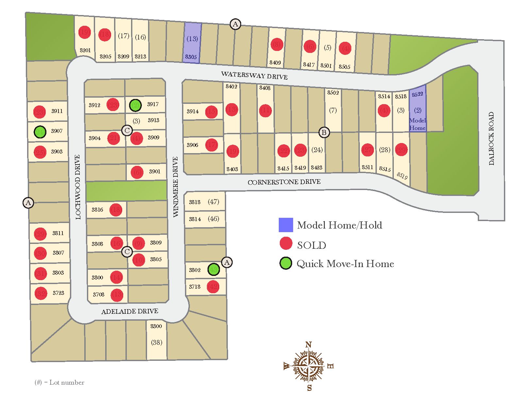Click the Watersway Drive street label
click(x=254, y=75)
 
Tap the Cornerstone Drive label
click(x=284, y=182)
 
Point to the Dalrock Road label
click(x=492, y=138)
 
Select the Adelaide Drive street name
click(x=130, y=311)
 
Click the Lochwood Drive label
click(x=77, y=187)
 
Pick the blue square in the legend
click(x=286, y=225)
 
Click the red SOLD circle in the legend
click(x=286, y=244)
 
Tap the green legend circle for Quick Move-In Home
click(x=286, y=263)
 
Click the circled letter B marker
click(x=324, y=132)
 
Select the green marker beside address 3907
click(x=40, y=132)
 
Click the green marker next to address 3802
click(x=213, y=269)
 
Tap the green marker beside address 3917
click(x=135, y=105)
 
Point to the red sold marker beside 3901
click(x=137, y=172)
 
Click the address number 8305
click(x=191, y=57)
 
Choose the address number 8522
click(x=417, y=94)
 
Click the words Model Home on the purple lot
click(x=417, y=124)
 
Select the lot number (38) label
click(x=157, y=342)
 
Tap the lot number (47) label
click(x=213, y=202)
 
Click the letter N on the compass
click(x=308, y=345)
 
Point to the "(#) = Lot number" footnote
click(x=59, y=382)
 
